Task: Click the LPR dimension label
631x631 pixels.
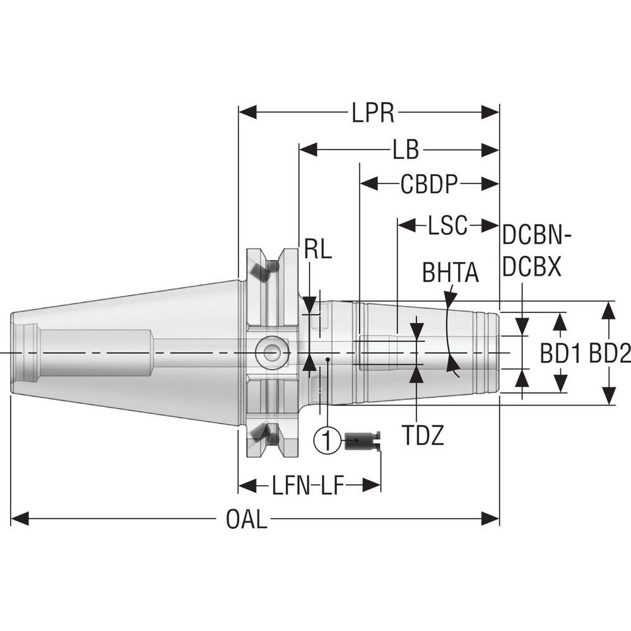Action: coord(372,114)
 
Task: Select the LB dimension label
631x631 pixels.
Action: coord(406,150)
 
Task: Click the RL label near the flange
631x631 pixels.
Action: coord(317,250)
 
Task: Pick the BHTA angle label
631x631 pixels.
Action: coord(450,273)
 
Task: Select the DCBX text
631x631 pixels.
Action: coord(531,269)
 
